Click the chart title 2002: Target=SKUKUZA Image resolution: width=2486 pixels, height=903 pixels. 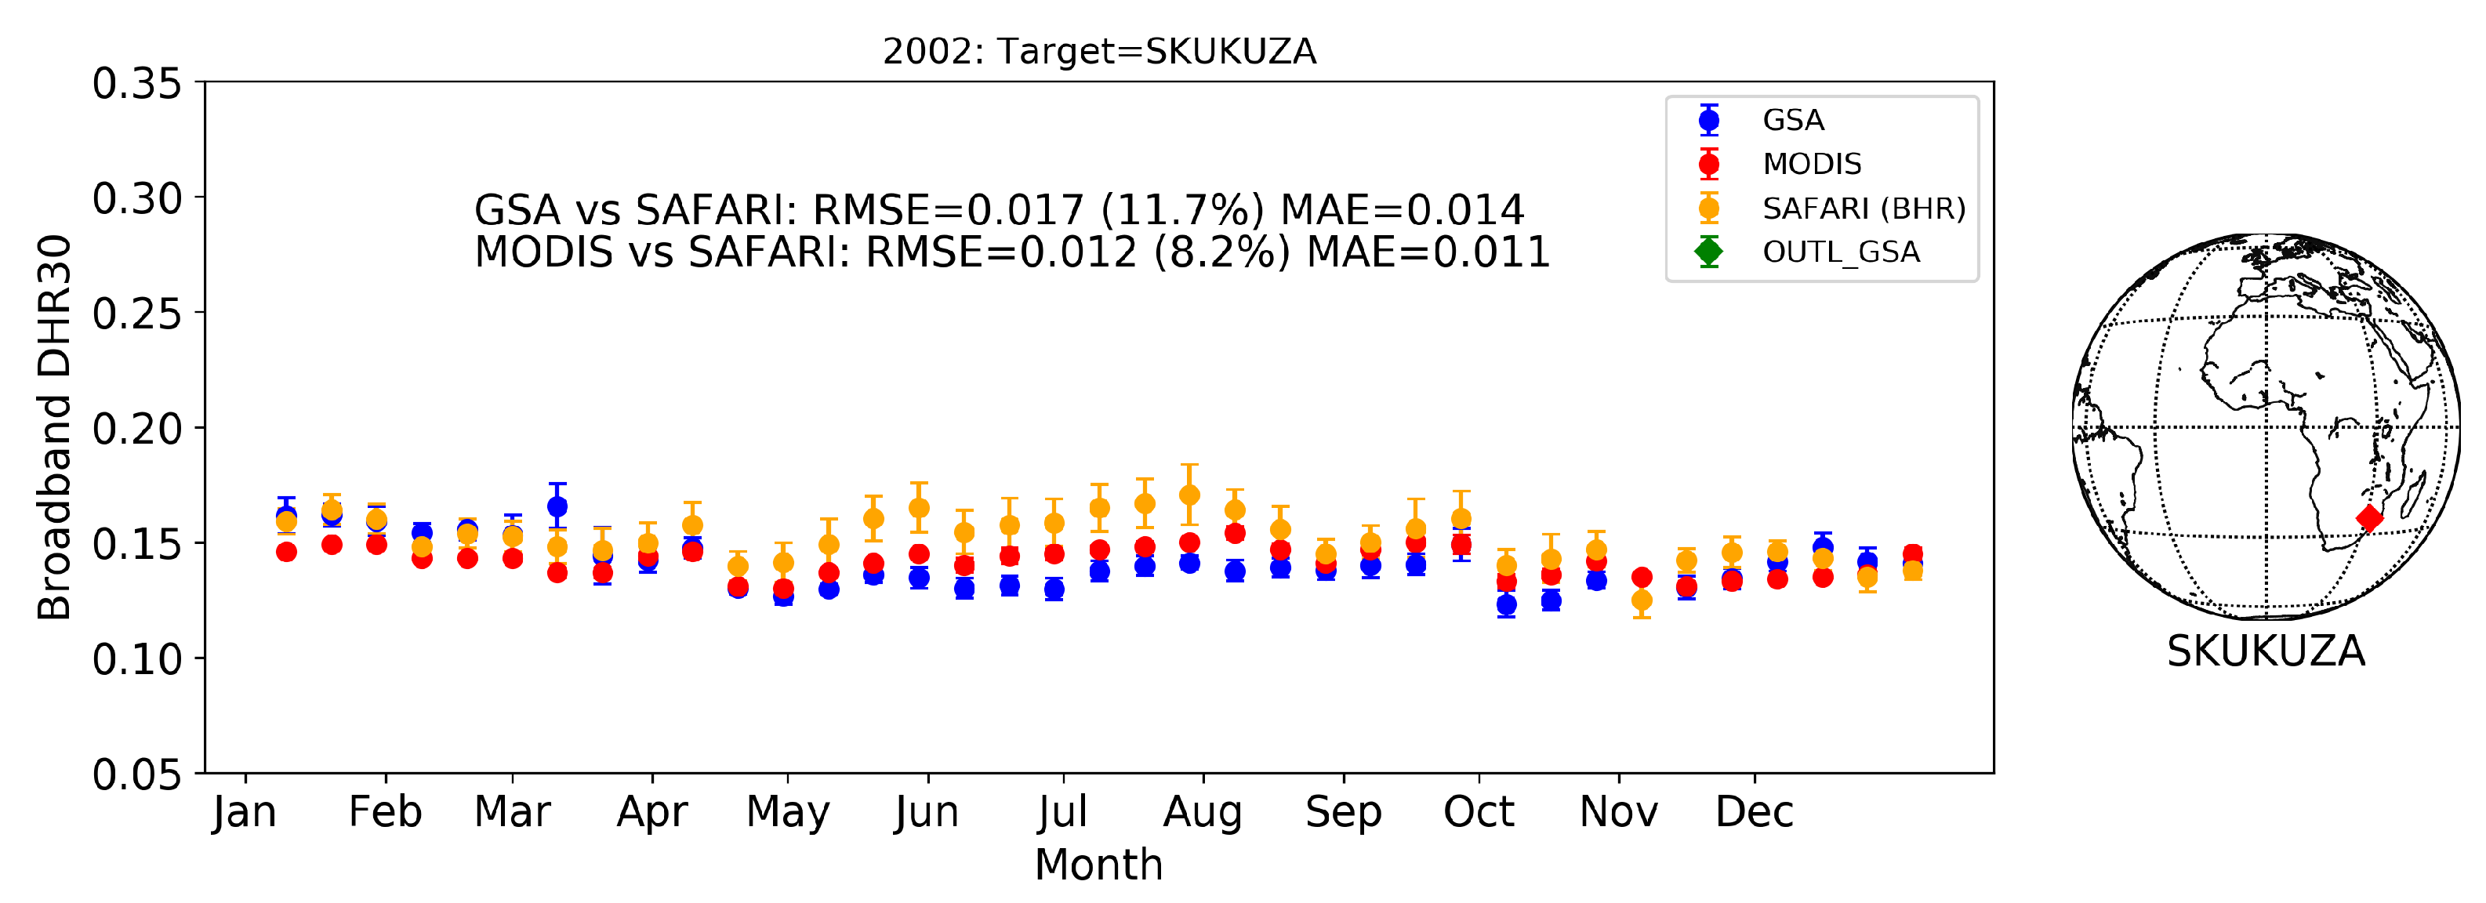(1098, 51)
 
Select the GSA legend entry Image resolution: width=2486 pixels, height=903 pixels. (1792, 120)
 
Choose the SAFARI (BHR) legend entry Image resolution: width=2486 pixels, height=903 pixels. (1863, 209)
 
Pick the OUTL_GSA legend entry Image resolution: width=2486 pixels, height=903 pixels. (1839, 252)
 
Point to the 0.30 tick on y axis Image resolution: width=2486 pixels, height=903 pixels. (137, 199)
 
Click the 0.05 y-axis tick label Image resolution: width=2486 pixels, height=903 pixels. (137, 774)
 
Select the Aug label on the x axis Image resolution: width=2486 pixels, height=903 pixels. (1202, 812)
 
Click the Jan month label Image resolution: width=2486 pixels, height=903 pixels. (245, 812)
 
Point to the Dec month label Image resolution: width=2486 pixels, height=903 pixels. (1754, 812)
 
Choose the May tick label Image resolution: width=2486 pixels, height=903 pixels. (787, 812)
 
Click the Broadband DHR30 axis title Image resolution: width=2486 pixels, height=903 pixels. (54, 427)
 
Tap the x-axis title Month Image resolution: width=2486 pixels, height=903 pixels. (1098, 865)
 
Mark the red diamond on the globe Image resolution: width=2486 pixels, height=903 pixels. (2369, 518)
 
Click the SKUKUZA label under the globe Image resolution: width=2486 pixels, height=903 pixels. (2265, 651)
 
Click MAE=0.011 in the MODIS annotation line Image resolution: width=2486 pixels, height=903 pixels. (1428, 252)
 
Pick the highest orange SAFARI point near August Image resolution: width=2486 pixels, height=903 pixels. (1189, 495)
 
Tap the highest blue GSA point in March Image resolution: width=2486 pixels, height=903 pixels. (557, 506)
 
